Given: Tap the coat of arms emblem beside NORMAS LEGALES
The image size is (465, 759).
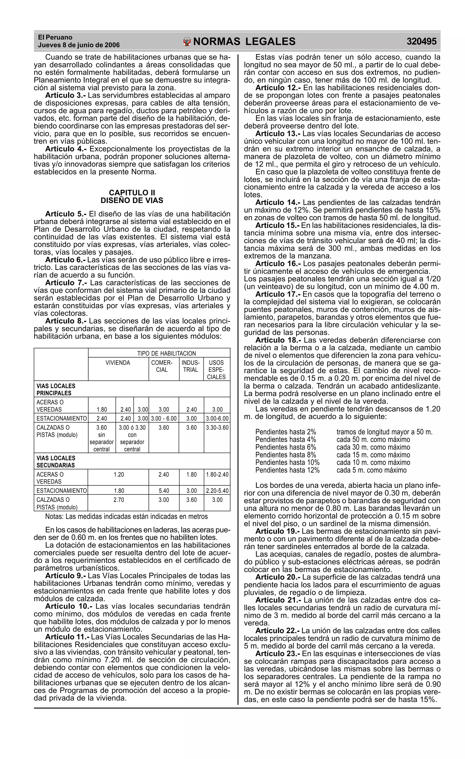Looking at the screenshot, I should [187, 42].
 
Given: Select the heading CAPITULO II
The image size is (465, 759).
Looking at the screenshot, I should [132, 193].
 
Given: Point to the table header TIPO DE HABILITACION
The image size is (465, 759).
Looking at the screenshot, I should [166, 353].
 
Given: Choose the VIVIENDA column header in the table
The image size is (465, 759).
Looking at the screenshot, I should [118, 362].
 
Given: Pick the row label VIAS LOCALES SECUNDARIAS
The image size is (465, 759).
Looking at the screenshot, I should [56, 461].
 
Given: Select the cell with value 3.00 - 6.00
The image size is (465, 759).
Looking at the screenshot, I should [164, 418].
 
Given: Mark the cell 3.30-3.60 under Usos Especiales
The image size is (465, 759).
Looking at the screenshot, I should [217, 428].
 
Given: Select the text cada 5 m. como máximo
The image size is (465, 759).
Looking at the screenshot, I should [371, 470].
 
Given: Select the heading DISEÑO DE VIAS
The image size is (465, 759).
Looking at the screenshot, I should [132, 201].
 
